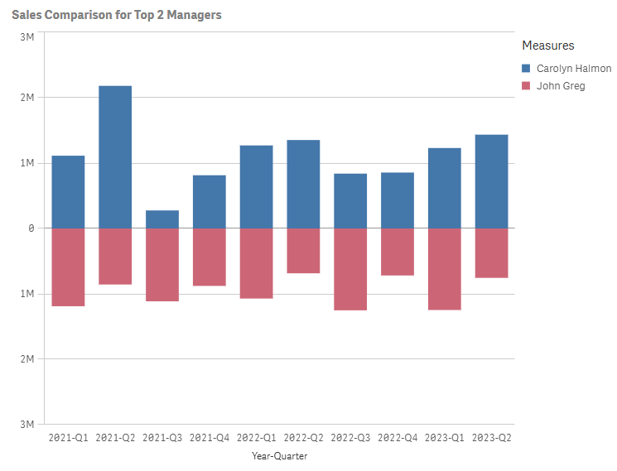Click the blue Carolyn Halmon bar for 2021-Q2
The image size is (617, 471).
coord(115,156)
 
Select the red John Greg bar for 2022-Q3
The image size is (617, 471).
coord(350,269)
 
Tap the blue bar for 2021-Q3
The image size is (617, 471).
coord(162,219)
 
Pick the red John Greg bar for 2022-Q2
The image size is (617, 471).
coord(303,251)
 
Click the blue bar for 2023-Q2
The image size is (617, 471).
coord(491,181)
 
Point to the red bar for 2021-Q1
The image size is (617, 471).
coord(68,267)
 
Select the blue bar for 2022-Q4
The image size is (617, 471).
coord(398,200)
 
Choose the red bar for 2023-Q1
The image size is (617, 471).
coord(445,269)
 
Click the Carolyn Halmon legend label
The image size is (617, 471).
coord(573,69)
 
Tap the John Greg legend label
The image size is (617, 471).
coord(560,86)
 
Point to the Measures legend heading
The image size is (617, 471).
coord(547,46)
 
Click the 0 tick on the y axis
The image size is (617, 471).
coord(31,228)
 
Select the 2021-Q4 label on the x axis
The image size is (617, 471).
coord(209,437)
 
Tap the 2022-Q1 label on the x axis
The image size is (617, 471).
coord(256,437)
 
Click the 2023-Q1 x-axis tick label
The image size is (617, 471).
coord(444,437)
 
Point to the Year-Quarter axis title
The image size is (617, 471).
coord(279,456)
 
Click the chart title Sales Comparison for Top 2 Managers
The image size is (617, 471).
coord(116,15)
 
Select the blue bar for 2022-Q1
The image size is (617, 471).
coord(256,187)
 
